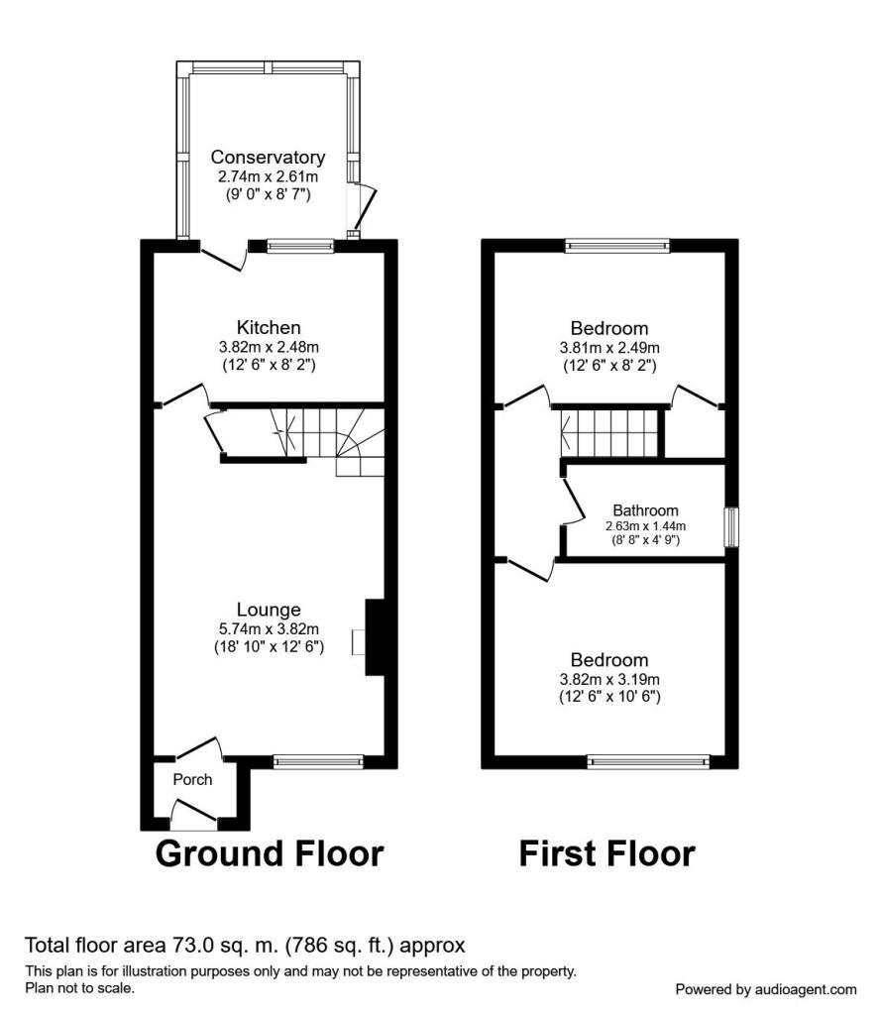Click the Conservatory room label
pos(268,158)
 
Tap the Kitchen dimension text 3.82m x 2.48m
pos(269,347)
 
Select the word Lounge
pos(269,610)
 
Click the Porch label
pos(193,779)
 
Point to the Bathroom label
pos(646,510)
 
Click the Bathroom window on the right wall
pos(731,527)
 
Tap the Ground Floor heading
pos(270,853)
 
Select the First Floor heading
pos(606,853)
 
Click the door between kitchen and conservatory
pos(223,258)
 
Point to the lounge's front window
pos(318,762)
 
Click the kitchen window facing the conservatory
pos(301,246)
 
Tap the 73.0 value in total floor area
pos(188,946)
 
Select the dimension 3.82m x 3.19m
pos(609,680)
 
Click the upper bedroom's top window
pos(618,246)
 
